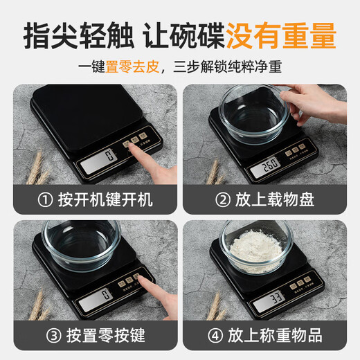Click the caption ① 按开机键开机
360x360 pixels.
(96, 200)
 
